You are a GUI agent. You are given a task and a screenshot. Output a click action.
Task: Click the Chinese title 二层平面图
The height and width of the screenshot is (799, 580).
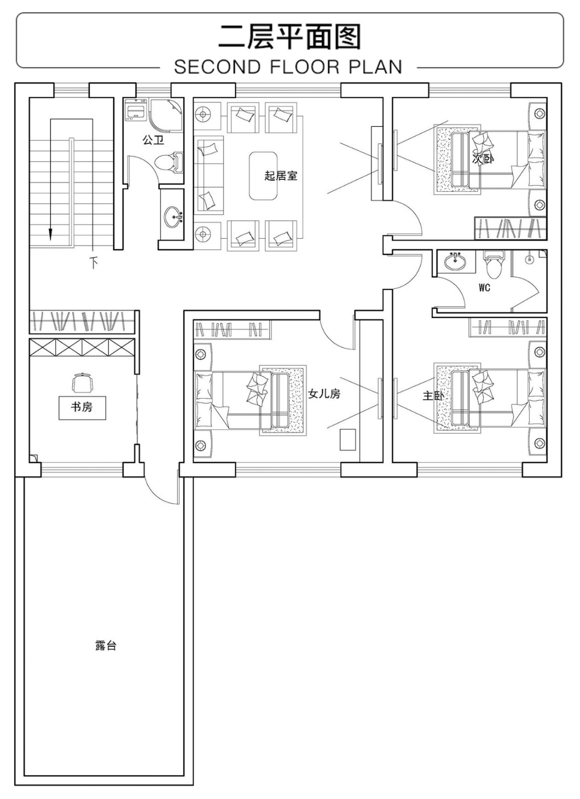[x=289, y=37]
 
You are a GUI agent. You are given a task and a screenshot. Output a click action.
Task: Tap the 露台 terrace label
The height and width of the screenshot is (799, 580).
[x=105, y=645]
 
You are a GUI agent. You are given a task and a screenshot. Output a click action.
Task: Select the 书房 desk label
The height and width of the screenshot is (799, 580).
[x=82, y=407]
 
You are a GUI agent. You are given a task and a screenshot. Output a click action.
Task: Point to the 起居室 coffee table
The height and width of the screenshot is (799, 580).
[x=263, y=176]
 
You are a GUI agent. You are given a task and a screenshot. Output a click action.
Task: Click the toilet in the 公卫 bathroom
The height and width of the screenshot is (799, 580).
[x=168, y=162]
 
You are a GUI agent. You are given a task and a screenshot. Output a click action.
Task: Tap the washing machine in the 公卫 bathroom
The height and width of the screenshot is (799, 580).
[x=135, y=110]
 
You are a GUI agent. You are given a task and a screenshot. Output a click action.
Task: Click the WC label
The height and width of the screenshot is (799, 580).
[x=484, y=288]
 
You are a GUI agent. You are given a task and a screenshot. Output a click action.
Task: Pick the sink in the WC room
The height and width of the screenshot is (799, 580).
[x=454, y=262]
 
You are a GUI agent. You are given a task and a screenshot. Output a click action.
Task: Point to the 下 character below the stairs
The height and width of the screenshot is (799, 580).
[x=93, y=262]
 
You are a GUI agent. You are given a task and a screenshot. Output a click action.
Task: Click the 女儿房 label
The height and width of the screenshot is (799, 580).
[x=324, y=394]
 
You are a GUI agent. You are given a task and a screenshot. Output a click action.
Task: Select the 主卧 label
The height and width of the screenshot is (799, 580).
[x=433, y=396]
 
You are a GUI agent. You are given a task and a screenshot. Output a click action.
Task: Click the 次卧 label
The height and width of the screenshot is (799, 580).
[x=483, y=159]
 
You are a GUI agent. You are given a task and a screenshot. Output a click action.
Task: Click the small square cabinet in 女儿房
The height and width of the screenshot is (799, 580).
[x=347, y=439]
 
